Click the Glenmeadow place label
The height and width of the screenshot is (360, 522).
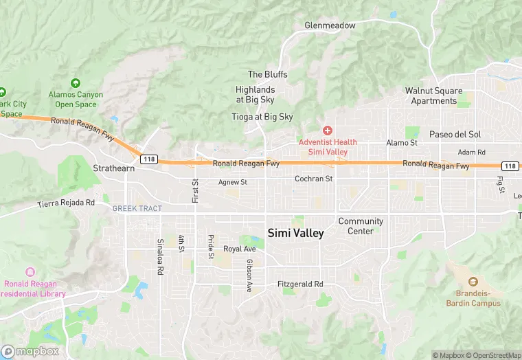tap(330, 25)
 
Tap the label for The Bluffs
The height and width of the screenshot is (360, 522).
tap(267, 74)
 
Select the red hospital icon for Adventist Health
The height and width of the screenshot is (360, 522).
tap(328, 130)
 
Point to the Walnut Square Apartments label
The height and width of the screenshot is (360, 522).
tap(433, 95)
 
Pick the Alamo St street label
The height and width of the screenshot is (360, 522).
tap(402, 143)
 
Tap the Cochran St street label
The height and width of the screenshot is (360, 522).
tap(313, 179)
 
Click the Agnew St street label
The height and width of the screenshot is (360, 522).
tap(232, 182)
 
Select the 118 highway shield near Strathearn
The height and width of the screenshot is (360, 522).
tap(148, 159)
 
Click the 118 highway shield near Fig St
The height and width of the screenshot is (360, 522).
tap(509, 166)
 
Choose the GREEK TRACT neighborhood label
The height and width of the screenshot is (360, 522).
tap(137, 208)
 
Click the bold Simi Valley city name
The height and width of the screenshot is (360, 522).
tap(295, 233)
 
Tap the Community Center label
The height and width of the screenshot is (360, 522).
tap(361, 226)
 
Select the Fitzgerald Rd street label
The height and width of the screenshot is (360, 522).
tap(299, 284)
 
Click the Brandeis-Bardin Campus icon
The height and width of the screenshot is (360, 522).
tap(473, 282)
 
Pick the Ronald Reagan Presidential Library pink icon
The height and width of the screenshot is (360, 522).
tap(30, 273)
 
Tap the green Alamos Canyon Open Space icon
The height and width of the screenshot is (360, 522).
tap(76, 83)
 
